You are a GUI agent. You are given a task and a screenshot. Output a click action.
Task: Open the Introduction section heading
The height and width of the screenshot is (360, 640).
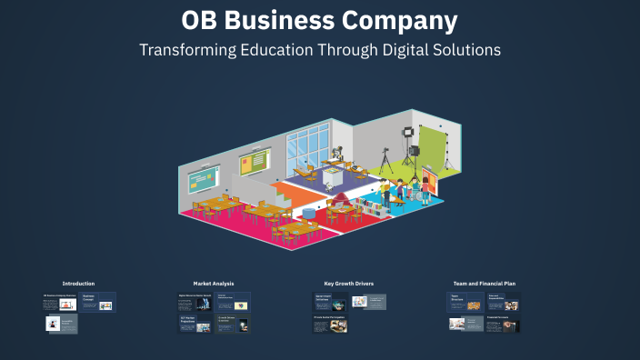(x=78, y=284)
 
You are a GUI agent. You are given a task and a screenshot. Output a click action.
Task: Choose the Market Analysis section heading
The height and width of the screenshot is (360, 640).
(x=214, y=284)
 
